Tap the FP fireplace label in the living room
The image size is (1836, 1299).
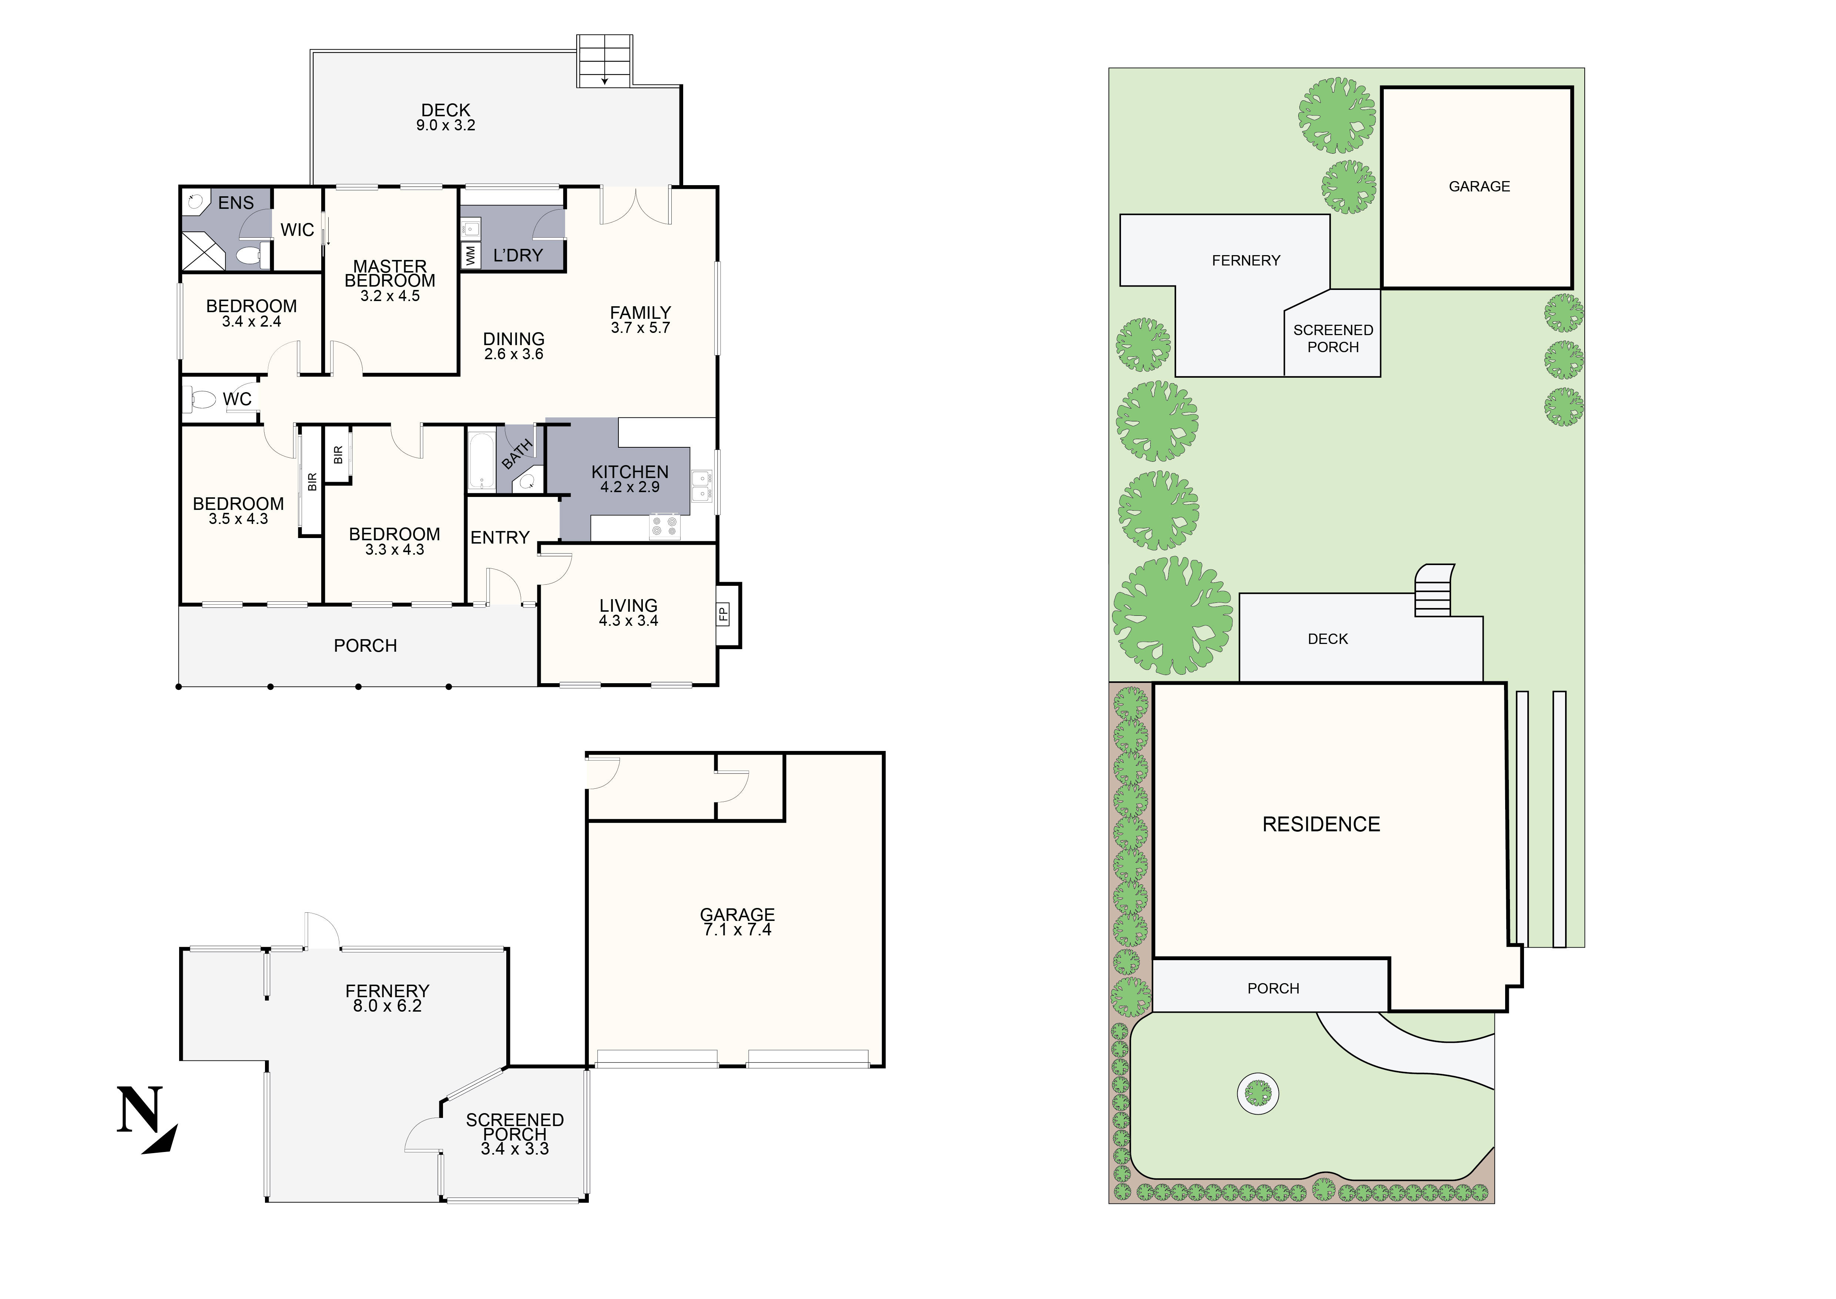pos(723,614)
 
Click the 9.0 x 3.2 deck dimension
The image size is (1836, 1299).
pos(446,126)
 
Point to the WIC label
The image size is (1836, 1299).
pos(297,230)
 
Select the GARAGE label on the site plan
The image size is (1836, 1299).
pos(1478,186)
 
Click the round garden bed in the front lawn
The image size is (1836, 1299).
pos(1258,1093)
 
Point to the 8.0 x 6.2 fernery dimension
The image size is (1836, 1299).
pos(387,1006)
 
